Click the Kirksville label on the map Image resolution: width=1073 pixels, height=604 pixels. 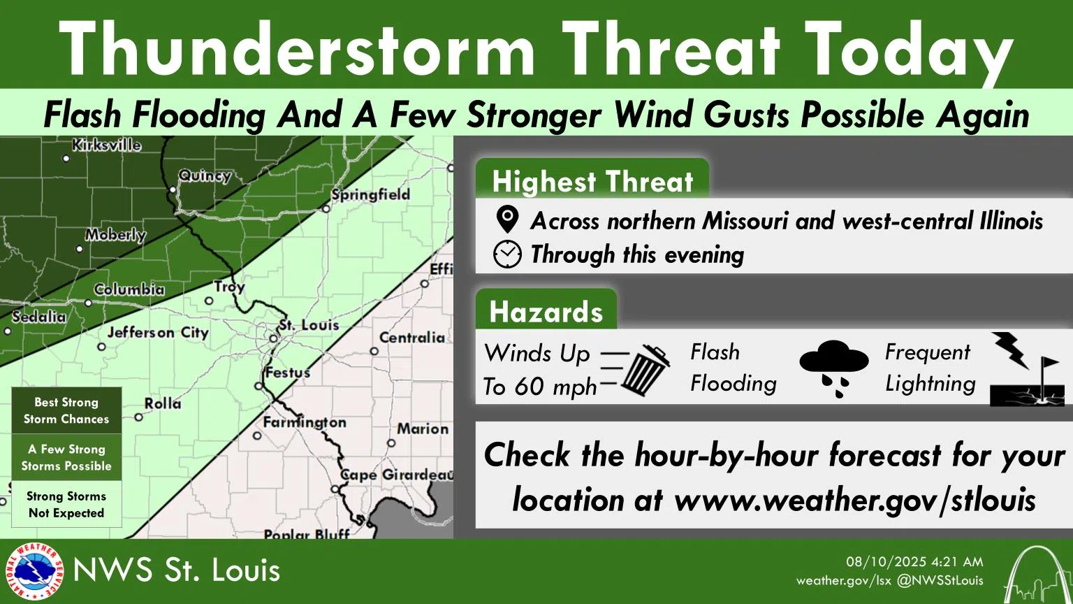click(106, 145)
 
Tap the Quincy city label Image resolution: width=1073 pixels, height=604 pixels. click(204, 175)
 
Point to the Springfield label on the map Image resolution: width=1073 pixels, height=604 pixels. click(370, 194)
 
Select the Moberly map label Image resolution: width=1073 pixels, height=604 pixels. click(115, 235)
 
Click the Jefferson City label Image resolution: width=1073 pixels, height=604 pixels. click(158, 333)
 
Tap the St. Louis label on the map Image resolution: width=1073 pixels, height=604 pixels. click(308, 325)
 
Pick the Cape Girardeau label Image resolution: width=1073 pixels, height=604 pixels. click(397, 475)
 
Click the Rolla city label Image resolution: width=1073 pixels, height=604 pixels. click(162, 403)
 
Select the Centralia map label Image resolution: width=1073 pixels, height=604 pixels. click(411, 338)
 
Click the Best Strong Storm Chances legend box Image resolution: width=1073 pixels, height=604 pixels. click(66, 411)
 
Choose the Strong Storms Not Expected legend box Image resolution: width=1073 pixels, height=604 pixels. click(66, 504)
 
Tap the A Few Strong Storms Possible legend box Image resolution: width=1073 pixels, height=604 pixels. click(66, 457)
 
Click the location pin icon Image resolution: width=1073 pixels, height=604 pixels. click(507, 220)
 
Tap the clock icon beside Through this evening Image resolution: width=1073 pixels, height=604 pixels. click(507, 254)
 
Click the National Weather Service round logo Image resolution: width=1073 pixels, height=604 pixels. click(34, 572)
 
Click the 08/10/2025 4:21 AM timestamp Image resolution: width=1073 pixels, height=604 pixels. click(914, 561)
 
